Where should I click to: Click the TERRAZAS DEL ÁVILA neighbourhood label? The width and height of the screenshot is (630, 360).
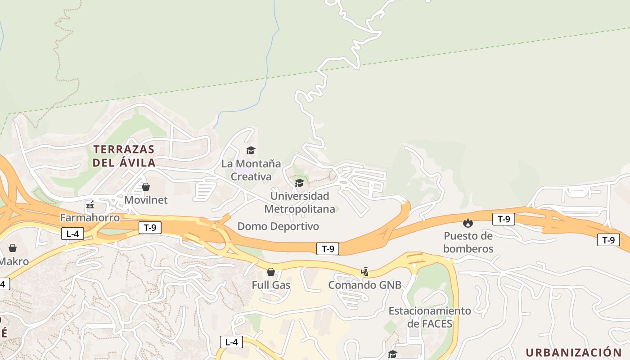124,156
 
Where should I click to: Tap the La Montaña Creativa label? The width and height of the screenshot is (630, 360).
251,170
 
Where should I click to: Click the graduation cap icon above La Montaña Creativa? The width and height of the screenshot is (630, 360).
251,150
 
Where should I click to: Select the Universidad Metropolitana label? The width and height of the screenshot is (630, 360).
300,202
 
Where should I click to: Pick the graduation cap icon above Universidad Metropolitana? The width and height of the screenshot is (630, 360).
299,183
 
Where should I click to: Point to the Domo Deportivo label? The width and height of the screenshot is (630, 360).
278,226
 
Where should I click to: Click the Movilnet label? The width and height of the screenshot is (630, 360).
146,200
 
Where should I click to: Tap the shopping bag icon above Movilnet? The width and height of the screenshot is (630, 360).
146,186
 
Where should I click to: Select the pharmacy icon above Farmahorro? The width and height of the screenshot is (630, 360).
90,205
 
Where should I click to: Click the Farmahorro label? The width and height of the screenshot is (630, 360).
90,218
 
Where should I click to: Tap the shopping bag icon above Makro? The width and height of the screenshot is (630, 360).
13,248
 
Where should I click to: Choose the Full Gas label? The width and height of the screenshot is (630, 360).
271,285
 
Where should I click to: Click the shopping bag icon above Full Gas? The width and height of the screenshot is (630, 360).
271,272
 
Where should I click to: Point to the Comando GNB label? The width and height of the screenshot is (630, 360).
364,285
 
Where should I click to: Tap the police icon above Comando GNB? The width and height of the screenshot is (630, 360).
365,272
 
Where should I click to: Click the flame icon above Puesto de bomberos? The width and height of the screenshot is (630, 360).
468,223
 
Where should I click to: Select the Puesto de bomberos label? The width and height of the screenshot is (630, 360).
468,242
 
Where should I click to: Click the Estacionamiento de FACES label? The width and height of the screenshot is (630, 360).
430,317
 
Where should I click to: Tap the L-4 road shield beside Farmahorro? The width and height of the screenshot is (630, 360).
72,234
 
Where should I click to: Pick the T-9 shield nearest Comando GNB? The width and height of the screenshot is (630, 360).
328,248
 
